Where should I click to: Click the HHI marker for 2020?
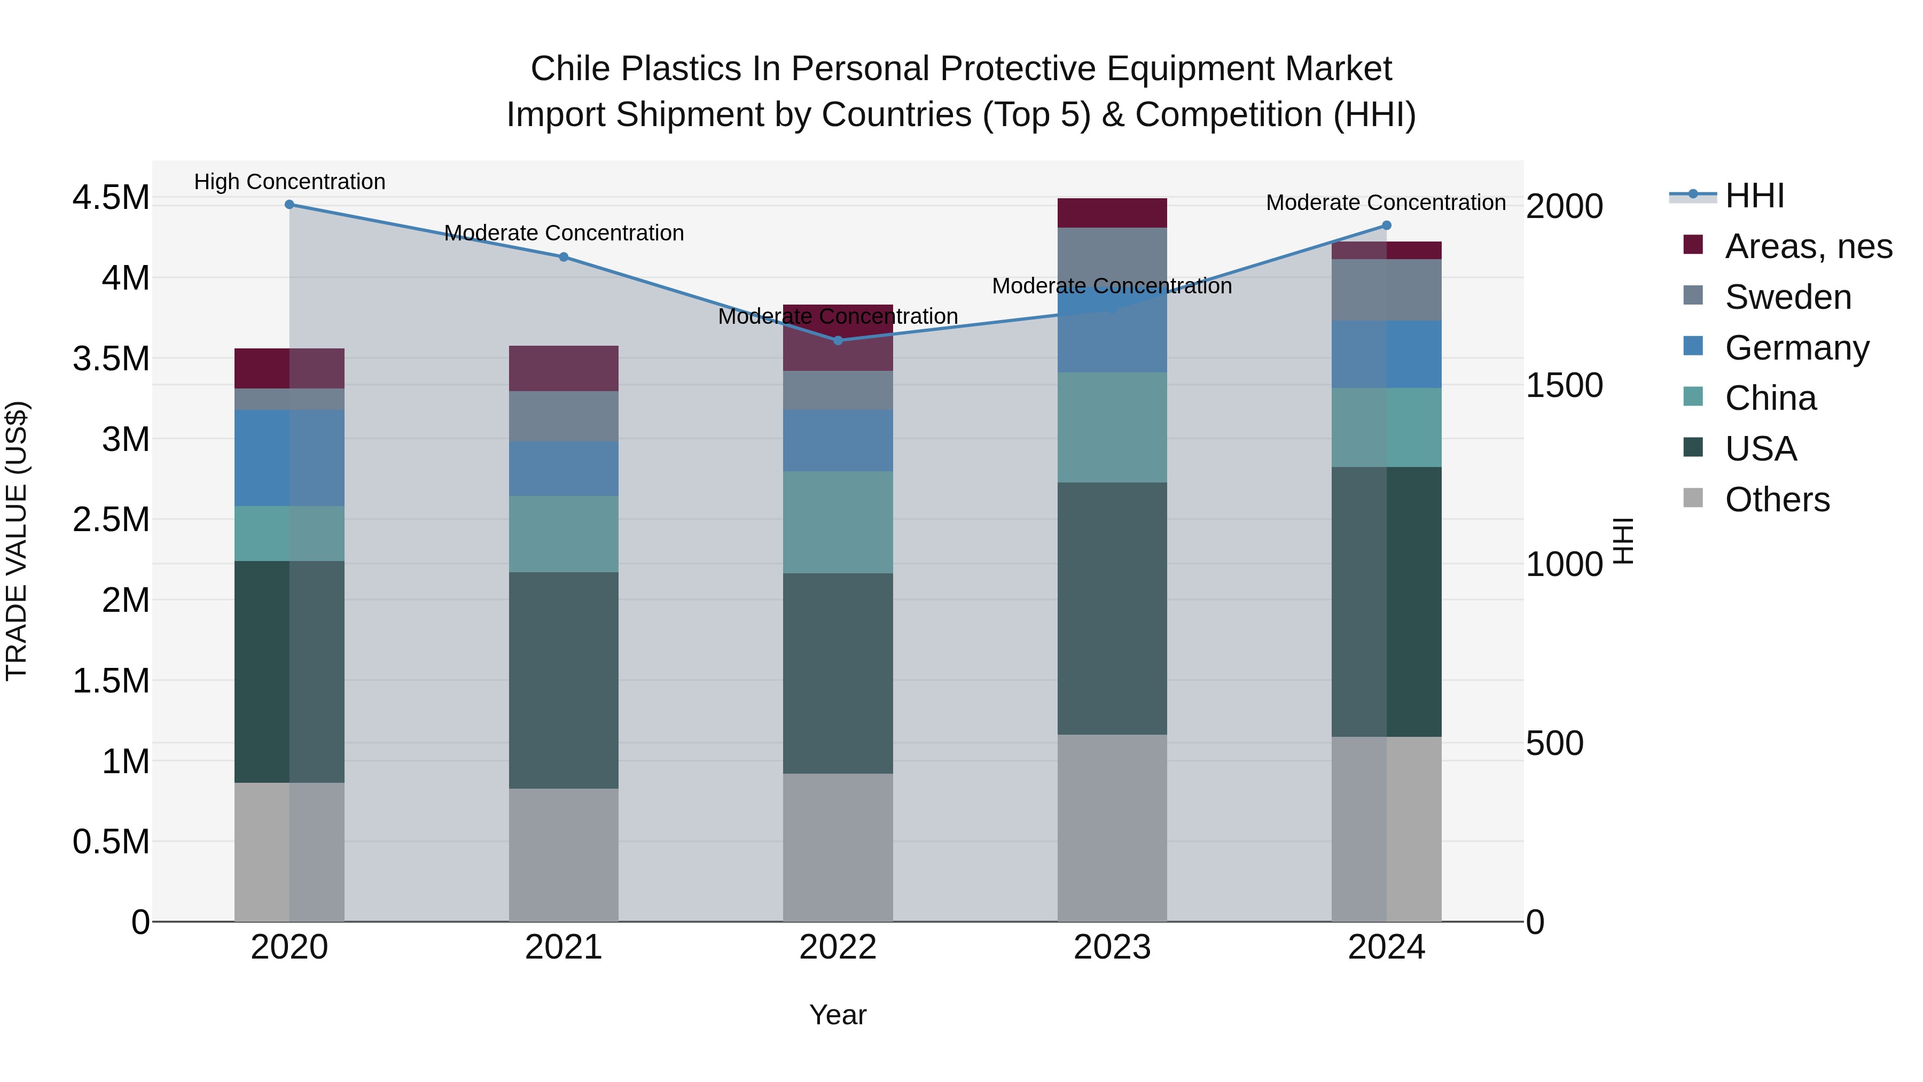pyautogui.click(x=290, y=204)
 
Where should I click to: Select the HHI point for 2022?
pyautogui.click(x=838, y=340)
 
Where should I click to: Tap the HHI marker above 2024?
pyautogui.click(x=1386, y=225)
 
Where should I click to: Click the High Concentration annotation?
pyautogui.click(x=290, y=182)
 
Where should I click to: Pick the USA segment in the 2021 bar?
pyautogui.click(x=564, y=680)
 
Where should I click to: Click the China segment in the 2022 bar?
pyautogui.click(x=838, y=522)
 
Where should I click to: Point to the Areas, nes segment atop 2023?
pyautogui.click(x=1112, y=213)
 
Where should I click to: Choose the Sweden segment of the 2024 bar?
pyautogui.click(x=1386, y=290)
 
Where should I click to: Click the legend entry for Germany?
pyautogui.click(x=1797, y=348)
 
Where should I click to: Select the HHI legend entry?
pyautogui.click(x=1754, y=196)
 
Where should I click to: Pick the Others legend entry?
pyautogui.click(x=1777, y=500)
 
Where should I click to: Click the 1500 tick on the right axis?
pyautogui.click(x=1564, y=385)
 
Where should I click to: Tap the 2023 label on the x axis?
pyautogui.click(x=1112, y=947)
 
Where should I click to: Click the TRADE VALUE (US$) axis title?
pyautogui.click(x=17, y=541)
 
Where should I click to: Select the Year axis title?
pyautogui.click(x=838, y=1015)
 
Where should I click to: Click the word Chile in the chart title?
pyautogui.click(x=570, y=69)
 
